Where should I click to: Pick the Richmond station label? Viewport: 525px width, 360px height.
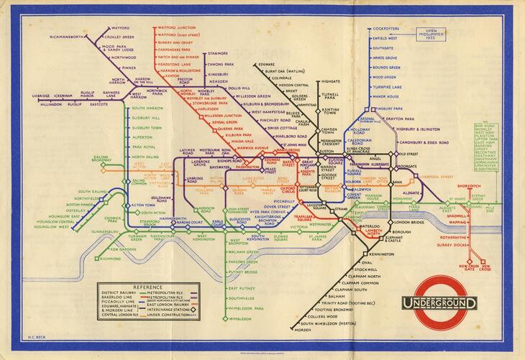[110, 258]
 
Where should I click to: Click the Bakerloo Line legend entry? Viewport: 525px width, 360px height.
[120, 299]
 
